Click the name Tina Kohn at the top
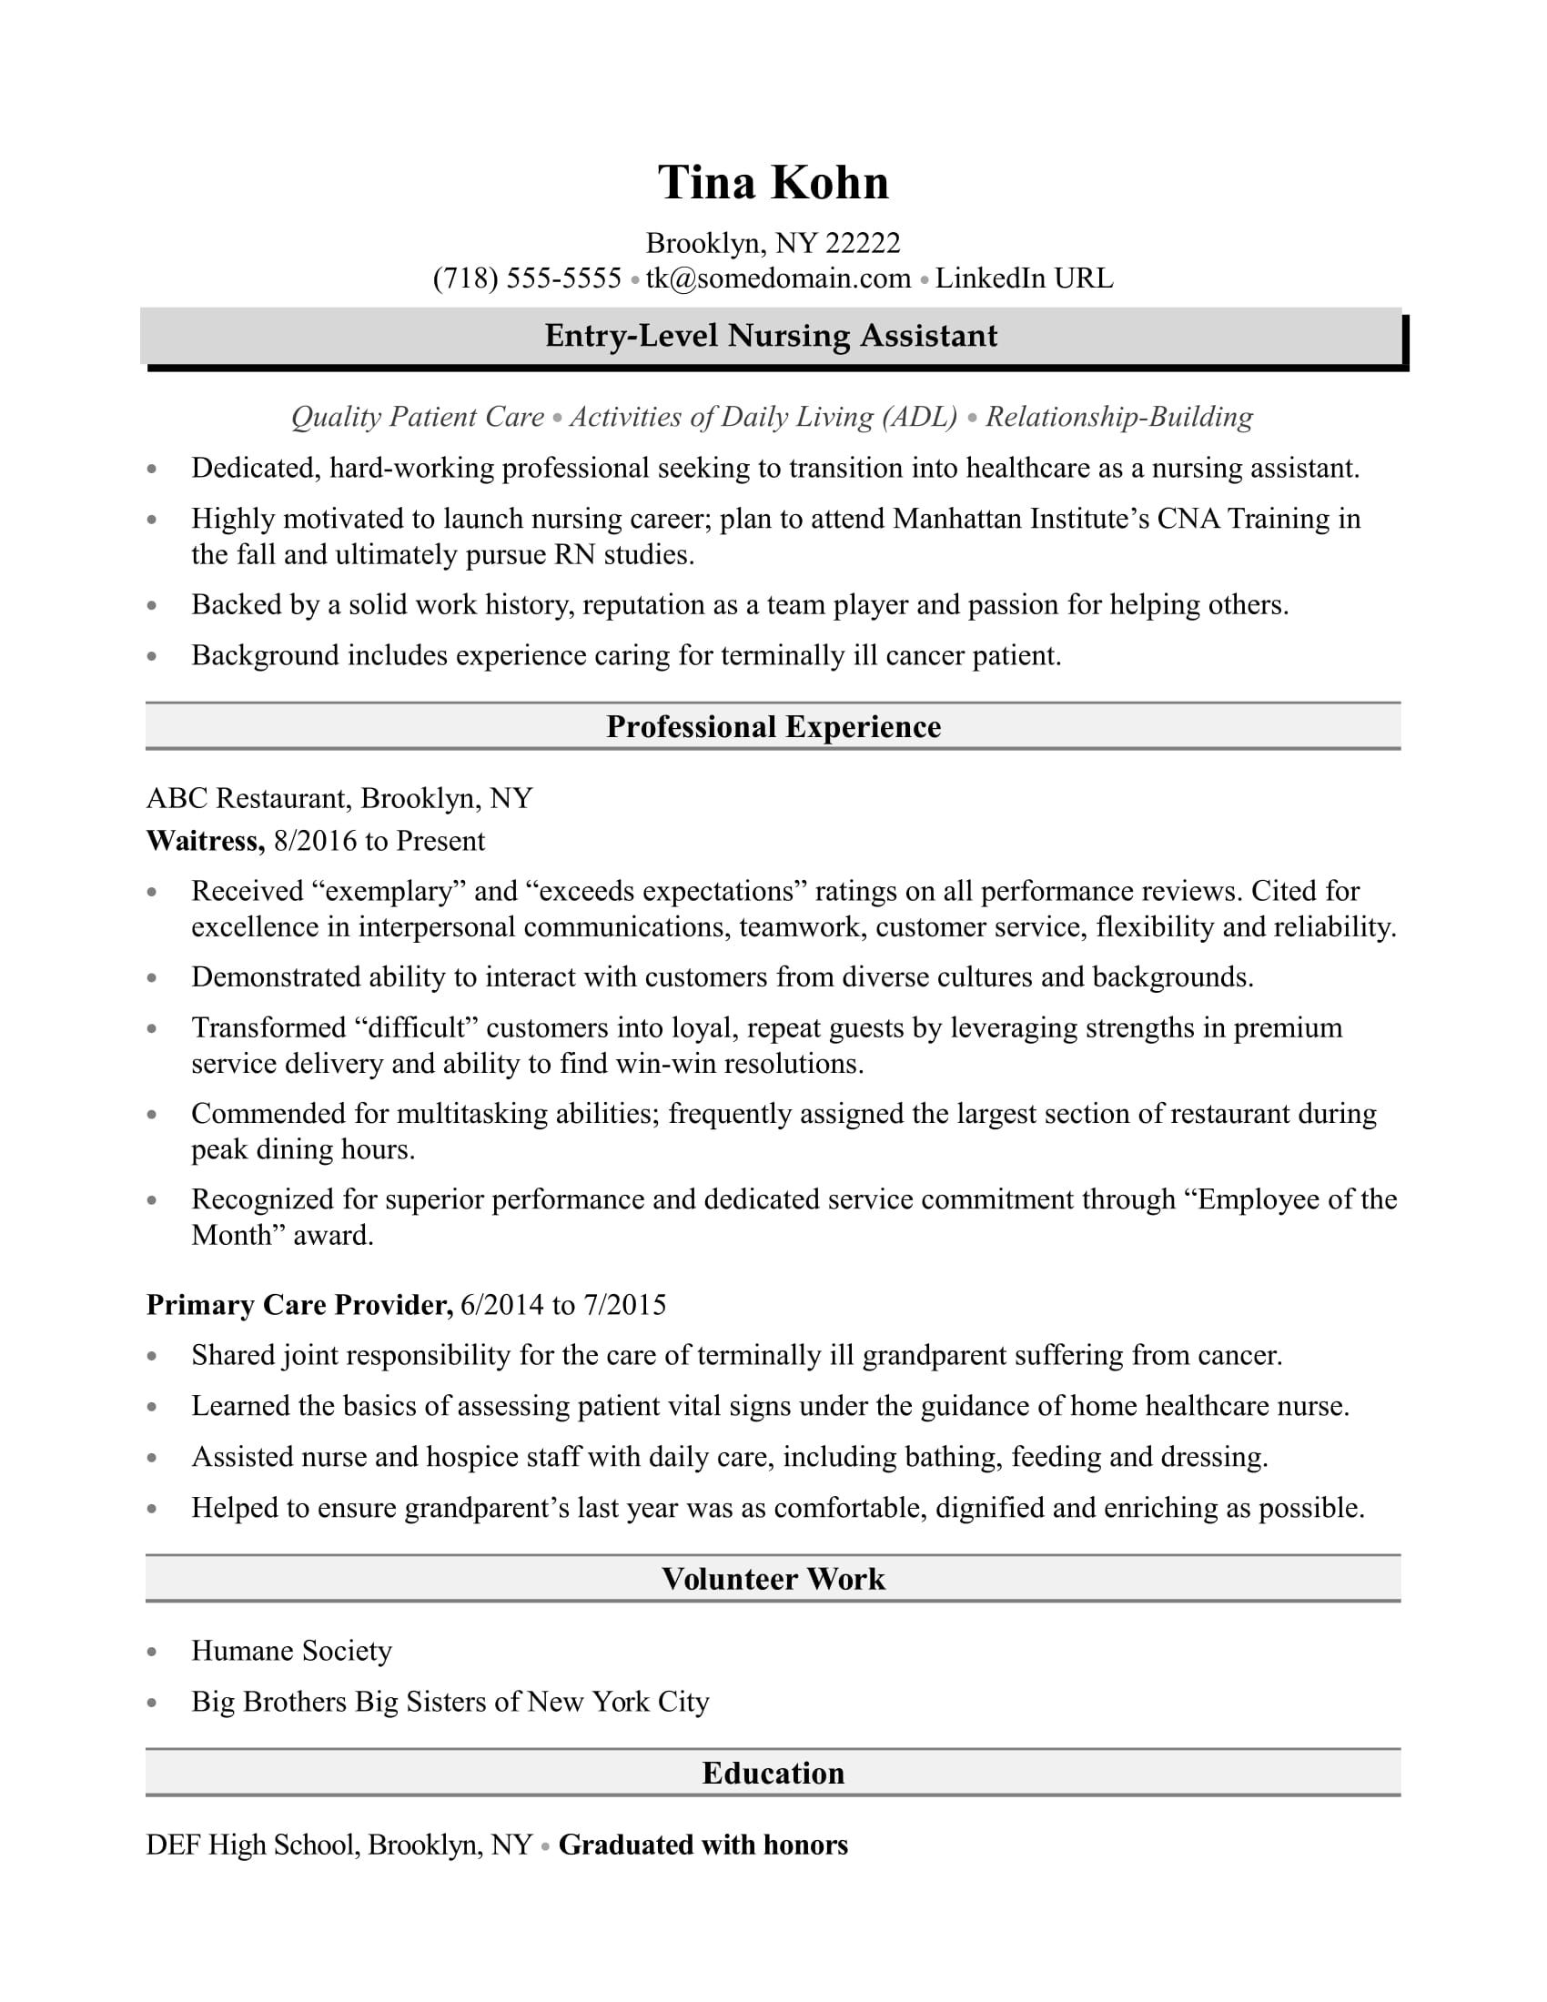click(x=773, y=182)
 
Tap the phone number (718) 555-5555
click(x=527, y=278)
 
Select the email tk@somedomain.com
click(x=778, y=278)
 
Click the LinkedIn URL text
click(x=1024, y=278)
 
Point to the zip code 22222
click(x=863, y=243)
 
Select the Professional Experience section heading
click(x=773, y=727)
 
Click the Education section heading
click(x=773, y=1773)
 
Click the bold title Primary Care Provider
click(x=299, y=1304)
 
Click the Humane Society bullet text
click(x=291, y=1651)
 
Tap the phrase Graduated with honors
click(x=703, y=1845)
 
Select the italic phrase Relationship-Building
click(x=1119, y=417)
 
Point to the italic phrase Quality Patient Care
click(x=418, y=417)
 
